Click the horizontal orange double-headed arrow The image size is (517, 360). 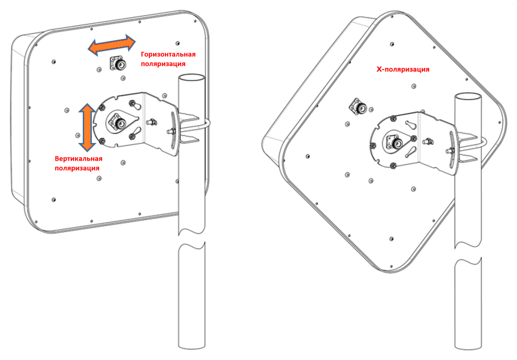coord(111,44)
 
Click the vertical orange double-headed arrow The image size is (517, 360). coord(87,127)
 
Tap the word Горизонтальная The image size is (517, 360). coord(168,55)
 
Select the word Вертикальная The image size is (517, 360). coord(78,159)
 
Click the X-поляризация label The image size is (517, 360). coord(403,69)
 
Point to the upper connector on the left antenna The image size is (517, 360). coord(118,63)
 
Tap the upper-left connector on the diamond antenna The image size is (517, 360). coord(358,107)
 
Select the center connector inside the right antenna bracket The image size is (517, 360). coord(395,142)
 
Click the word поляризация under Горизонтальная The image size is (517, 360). coord(163,64)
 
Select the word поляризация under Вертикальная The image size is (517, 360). coord(77,168)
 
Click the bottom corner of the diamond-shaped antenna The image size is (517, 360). coord(391,273)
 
